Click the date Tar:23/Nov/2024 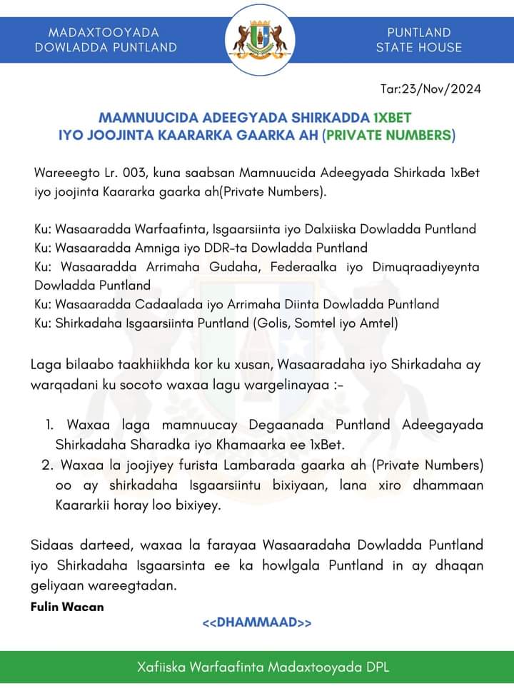tap(431, 89)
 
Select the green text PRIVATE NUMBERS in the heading tap(389, 134)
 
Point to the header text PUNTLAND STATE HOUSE tap(419, 40)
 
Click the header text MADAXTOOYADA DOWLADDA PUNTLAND tap(106, 40)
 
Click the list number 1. tap(50, 425)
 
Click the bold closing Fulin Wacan tap(68, 607)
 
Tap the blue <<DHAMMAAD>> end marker tap(257, 623)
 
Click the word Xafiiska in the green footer tap(163, 668)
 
